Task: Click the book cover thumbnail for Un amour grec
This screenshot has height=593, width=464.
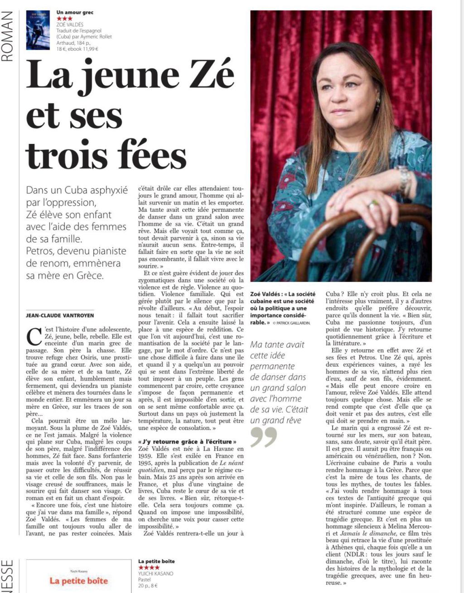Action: (38, 30)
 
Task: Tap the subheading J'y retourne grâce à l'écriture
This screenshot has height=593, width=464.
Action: (187, 441)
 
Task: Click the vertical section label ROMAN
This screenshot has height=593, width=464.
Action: (9, 36)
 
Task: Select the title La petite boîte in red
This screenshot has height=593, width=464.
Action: (79, 581)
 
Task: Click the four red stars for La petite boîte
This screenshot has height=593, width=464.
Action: (149, 568)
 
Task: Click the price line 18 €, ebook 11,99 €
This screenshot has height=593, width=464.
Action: (77, 49)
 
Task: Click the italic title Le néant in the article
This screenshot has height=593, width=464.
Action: (232, 463)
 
